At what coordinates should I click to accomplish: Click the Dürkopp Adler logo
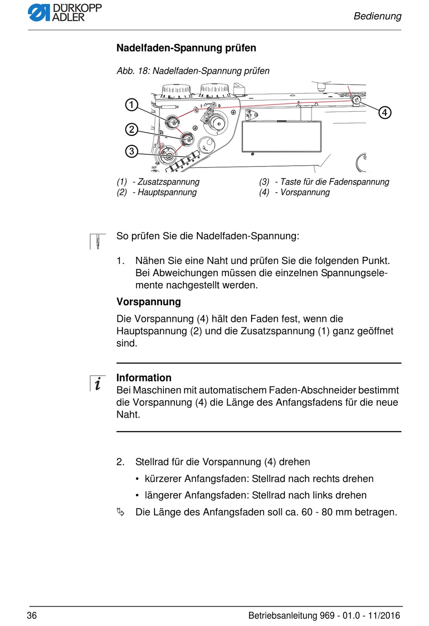coord(65,13)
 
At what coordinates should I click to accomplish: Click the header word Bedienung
coord(377,16)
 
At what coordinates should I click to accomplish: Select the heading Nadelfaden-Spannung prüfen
coord(186,48)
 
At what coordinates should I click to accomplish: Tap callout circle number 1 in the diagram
coord(131,105)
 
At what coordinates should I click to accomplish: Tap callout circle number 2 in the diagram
coord(131,130)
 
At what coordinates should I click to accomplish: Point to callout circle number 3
coord(131,151)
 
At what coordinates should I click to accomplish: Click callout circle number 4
coord(384,112)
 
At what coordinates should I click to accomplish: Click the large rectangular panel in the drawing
coord(281,136)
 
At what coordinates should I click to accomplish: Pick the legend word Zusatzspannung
coord(168,182)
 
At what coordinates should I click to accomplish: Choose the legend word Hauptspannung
coord(167,192)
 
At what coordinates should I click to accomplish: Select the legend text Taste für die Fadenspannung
coord(334,182)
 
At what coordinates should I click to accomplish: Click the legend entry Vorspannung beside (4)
coord(305,192)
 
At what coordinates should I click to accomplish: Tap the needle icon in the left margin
coord(97,241)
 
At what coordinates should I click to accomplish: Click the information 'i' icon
coord(98,383)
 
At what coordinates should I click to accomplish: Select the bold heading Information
coord(144,378)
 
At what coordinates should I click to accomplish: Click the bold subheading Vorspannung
coord(149,302)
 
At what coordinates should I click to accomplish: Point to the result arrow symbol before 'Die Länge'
coord(121,512)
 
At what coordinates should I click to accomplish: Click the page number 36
coord(32,615)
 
